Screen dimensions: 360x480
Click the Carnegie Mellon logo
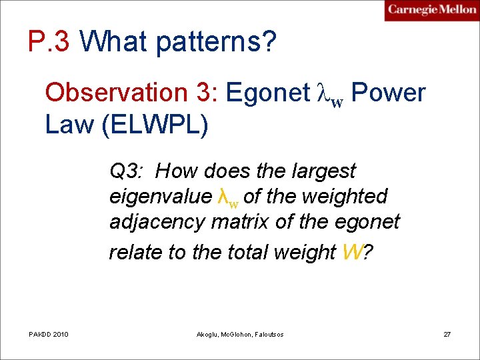(431, 10)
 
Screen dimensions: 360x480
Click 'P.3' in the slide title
(50, 42)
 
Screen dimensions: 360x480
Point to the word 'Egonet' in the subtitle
(267, 93)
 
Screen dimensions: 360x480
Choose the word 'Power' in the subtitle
(387, 93)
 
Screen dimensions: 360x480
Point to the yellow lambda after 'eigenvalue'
(227, 197)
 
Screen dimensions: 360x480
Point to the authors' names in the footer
(240, 334)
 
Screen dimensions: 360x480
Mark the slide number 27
(447, 334)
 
